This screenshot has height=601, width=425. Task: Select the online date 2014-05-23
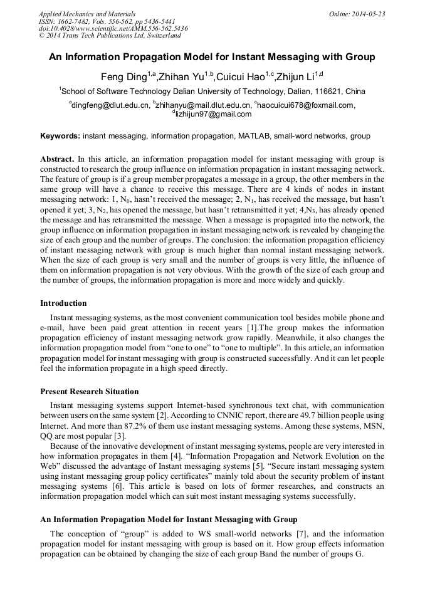[x=369, y=13]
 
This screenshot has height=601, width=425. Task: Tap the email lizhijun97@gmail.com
[x=213, y=114]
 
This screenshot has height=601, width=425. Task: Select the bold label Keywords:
[x=60, y=136]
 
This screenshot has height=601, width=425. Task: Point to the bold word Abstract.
[x=57, y=159]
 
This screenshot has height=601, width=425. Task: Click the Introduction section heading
[x=63, y=303]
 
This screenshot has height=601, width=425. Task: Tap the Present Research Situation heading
[x=90, y=392]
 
